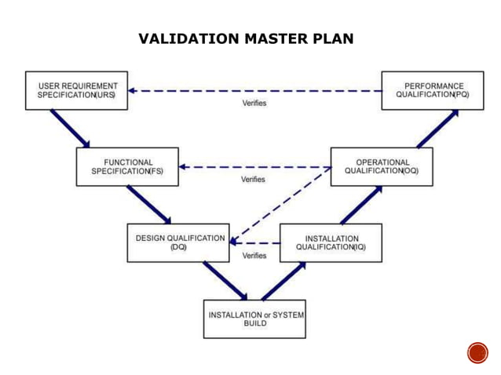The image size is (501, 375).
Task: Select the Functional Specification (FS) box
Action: point(127,166)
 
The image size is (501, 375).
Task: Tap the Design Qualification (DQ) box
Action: point(177,242)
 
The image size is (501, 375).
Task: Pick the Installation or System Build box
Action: point(254,319)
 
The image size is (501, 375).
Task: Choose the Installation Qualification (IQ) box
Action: point(331,242)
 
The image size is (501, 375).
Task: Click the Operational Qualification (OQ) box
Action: point(382,166)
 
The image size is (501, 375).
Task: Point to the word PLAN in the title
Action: point(333,38)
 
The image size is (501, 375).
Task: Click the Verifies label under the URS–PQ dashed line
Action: point(254,104)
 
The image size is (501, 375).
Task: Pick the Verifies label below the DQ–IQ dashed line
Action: point(254,256)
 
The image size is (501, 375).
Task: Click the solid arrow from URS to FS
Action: point(70,128)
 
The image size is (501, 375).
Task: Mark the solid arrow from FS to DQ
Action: point(148,204)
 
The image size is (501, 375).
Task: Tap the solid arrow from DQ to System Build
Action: point(225,280)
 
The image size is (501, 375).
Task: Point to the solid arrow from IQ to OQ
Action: point(360,204)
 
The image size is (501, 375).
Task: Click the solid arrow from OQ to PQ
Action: point(437,128)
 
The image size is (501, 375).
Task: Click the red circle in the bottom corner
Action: point(477,353)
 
